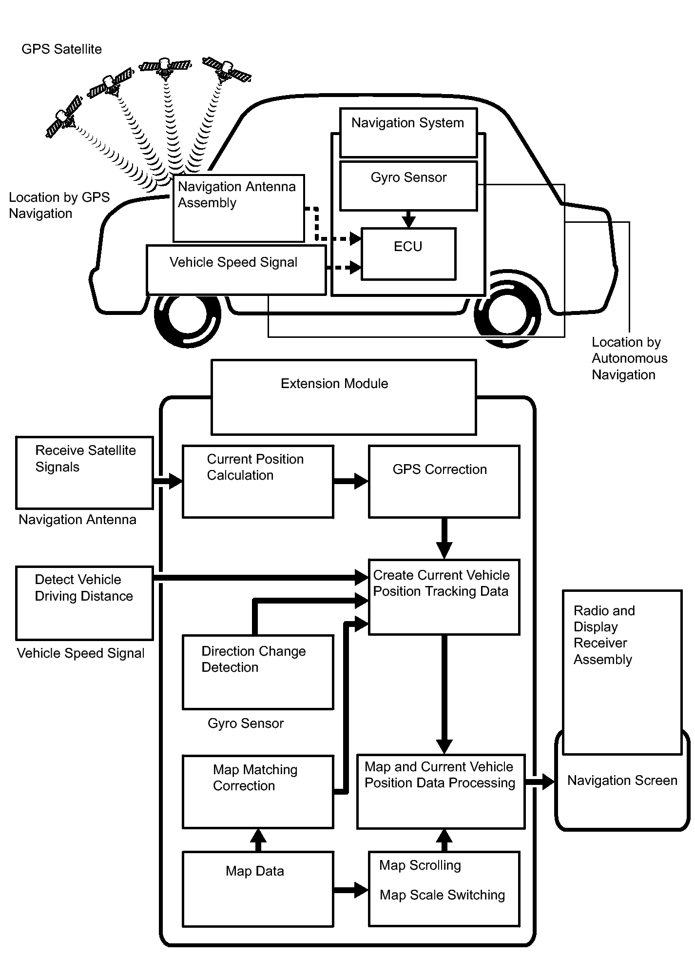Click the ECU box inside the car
tap(408, 254)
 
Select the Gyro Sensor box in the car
tap(408, 186)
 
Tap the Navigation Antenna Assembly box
tap(239, 208)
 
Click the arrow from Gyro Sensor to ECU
tap(408, 219)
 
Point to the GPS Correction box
tap(444, 481)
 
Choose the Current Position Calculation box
tap(258, 481)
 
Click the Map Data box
tap(258, 889)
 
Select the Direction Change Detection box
tap(258, 672)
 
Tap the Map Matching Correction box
tap(258, 792)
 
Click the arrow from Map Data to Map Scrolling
tap(351, 890)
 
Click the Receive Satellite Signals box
tap(85, 472)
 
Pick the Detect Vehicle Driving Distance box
tap(85, 603)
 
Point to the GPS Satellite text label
tap(62, 49)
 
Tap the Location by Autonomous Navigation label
tap(629, 358)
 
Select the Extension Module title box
tap(344, 397)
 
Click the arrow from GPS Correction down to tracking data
tap(444, 538)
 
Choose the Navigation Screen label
tap(622, 781)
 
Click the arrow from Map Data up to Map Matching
tap(258, 840)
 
